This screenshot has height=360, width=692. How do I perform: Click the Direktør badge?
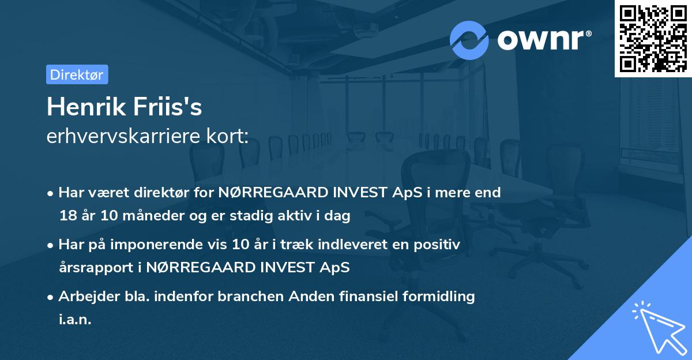pyautogui.click(x=77, y=74)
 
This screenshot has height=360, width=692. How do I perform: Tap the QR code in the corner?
pyautogui.click(x=653, y=38)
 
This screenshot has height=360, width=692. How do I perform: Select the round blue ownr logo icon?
pyautogui.click(x=469, y=40)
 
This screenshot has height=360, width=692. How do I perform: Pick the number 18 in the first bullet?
pyautogui.click(x=67, y=216)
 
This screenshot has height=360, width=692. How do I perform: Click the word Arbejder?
pyautogui.click(x=84, y=297)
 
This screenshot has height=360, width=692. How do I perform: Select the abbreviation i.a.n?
pyautogui.click(x=75, y=320)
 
